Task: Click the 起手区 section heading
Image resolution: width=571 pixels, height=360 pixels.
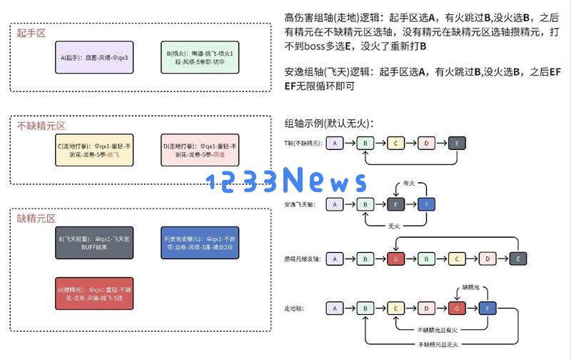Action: (x=32, y=33)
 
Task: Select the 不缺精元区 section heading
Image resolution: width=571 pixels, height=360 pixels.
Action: (x=41, y=126)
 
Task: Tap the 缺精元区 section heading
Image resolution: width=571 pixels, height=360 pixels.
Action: (x=36, y=219)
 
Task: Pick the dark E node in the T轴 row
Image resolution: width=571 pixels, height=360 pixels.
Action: (x=458, y=143)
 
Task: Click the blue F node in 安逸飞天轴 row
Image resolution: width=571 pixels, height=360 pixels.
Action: (x=427, y=204)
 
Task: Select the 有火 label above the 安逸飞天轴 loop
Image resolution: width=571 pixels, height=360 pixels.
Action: (x=409, y=183)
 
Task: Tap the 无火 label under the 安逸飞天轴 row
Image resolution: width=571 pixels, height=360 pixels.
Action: (x=393, y=226)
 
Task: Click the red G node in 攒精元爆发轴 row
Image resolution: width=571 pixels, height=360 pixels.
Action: (x=396, y=258)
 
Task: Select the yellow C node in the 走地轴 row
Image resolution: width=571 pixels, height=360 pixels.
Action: (x=396, y=309)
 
